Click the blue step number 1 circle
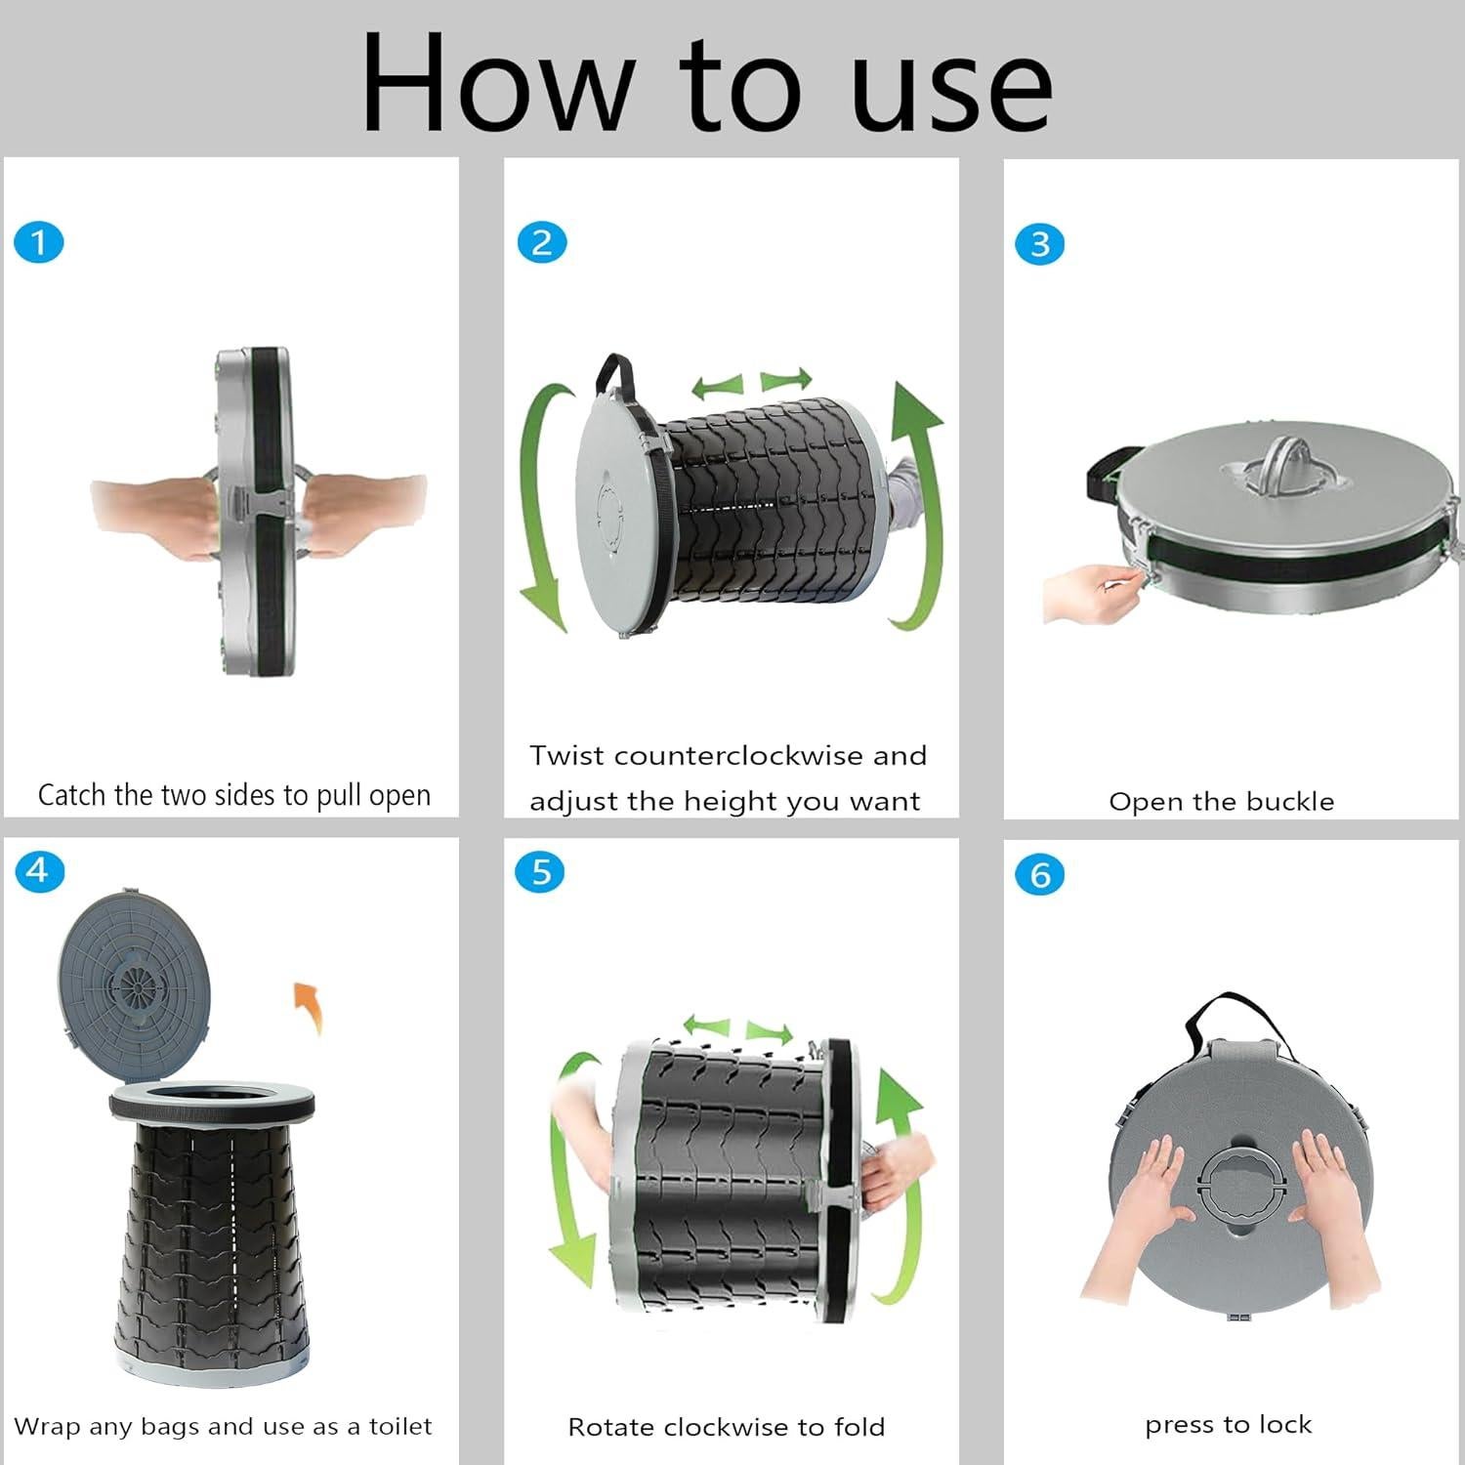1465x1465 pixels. point(39,242)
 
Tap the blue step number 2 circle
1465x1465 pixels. point(542,242)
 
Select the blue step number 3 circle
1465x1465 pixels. point(1040,244)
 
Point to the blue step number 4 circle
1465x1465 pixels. point(39,870)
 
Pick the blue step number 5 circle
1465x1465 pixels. point(540,871)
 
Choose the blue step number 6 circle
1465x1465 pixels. point(1040,874)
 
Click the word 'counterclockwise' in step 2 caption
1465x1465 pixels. point(738,756)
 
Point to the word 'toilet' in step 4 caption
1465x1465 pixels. point(400,1427)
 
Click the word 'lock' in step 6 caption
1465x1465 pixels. point(1285,1425)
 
